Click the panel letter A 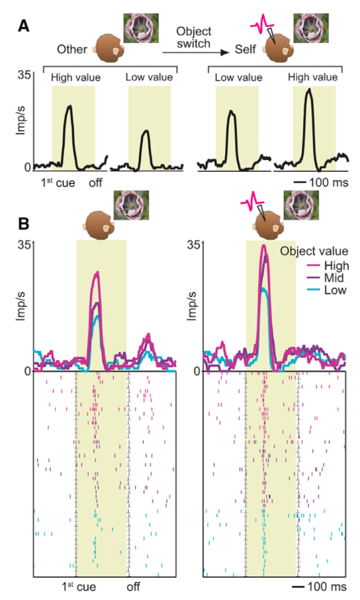click(x=23, y=26)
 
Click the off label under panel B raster click(x=134, y=586)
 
